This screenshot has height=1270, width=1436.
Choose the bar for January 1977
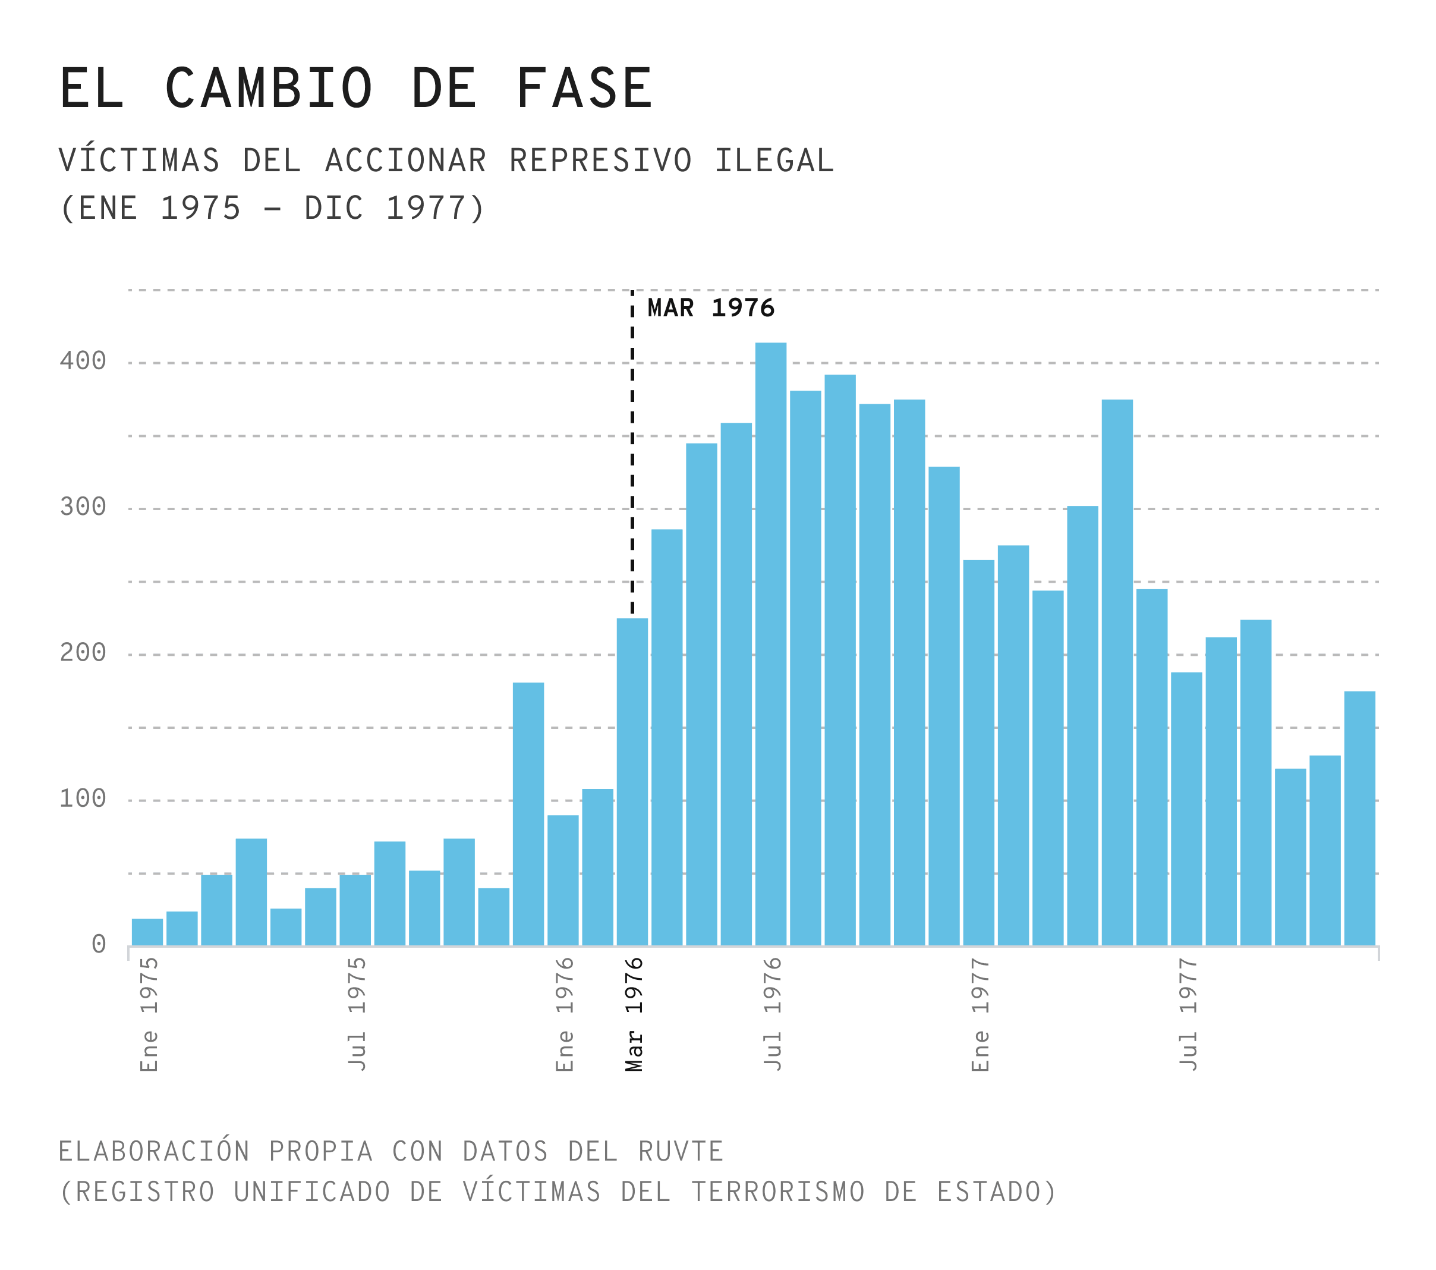[x=979, y=752]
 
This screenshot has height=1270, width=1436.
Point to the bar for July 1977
[x=1186, y=808]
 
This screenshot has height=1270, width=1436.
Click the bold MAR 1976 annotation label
[x=710, y=308]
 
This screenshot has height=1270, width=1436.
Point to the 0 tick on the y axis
[x=98, y=945]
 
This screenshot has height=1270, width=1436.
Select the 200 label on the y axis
[x=83, y=653]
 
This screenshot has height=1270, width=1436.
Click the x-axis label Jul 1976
[x=772, y=1014]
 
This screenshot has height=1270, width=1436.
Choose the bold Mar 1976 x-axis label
[x=634, y=1014]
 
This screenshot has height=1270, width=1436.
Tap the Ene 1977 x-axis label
[x=980, y=1014]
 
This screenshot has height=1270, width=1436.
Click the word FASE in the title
[x=584, y=89]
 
